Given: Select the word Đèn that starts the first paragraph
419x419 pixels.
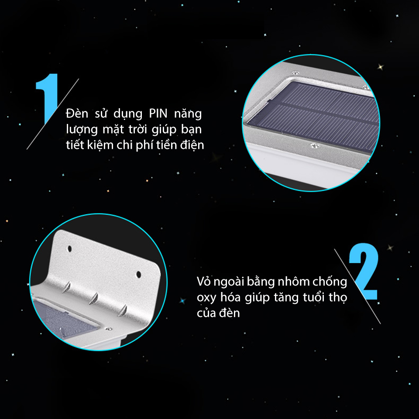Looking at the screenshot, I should point(76,114).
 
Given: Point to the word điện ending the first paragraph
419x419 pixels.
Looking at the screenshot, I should point(192,145).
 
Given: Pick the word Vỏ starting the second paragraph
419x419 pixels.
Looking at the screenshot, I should point(203,282).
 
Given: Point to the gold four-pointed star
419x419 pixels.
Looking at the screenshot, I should point(381,67).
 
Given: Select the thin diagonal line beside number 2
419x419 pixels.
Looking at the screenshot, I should point(357,286).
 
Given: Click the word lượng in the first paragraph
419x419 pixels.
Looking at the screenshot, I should point(81,130).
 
